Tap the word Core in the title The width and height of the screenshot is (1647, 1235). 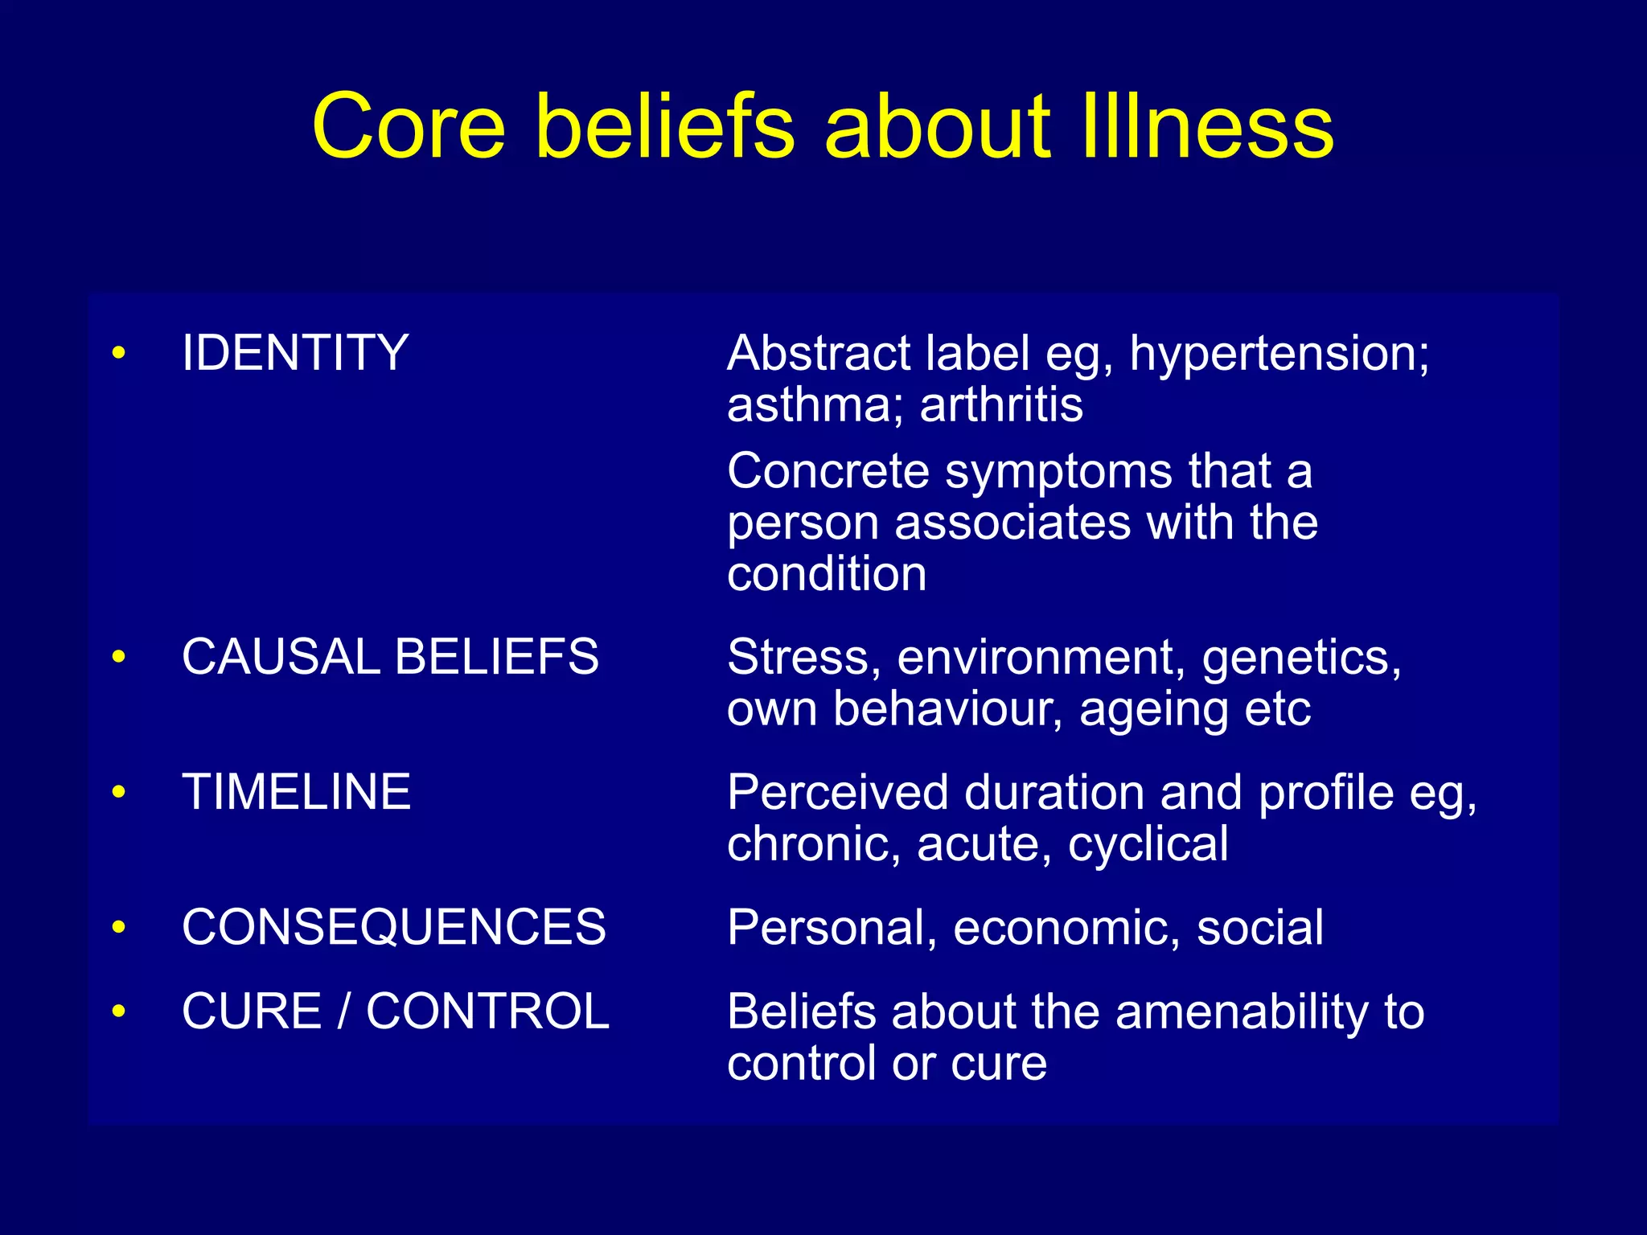tap(409, 126)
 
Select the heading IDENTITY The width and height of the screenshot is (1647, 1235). tap(295, 353)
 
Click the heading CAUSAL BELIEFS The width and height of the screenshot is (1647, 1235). tap(390, 657)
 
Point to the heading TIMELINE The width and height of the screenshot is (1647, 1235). tap(296, 792)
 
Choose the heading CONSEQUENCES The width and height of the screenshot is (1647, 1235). tap(393, 927)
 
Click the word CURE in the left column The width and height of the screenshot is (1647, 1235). tap(252, 1011)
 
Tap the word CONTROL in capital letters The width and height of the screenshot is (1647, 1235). tap(487, 1011)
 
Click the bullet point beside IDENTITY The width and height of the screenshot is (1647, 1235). tap(119, 353)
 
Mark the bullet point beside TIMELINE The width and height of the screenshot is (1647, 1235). tap(119, 792)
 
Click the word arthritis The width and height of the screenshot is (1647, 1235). tap(1001, 404)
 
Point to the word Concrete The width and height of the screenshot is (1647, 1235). tap(828, 471)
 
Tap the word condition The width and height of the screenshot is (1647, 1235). tap(827, 575)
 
